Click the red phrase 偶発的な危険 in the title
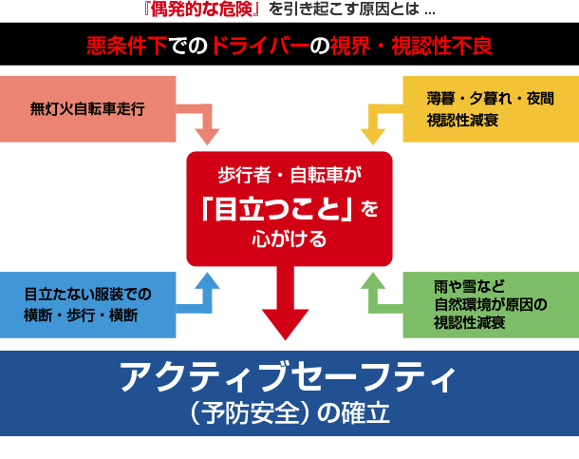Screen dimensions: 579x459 click(202, 10)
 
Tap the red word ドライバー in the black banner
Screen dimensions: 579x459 click(260, 46)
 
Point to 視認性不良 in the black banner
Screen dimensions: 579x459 click(441, 46)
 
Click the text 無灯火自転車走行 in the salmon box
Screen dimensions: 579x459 click(87, 109)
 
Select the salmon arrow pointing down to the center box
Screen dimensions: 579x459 click(202, 121)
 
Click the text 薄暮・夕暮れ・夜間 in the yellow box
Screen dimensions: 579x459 click(491, 98)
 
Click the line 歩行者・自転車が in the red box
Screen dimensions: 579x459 click(289, 175)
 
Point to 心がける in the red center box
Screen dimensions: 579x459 click(289, 239)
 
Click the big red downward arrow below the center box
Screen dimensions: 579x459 click(285, 302)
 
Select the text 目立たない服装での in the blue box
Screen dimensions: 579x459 click(88, 295)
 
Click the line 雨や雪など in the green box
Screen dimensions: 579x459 click(469, 286)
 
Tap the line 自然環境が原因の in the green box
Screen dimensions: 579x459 click(491, 304)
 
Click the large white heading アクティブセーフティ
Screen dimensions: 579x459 click(289, 376)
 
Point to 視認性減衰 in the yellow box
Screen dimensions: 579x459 click(462, 120)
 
